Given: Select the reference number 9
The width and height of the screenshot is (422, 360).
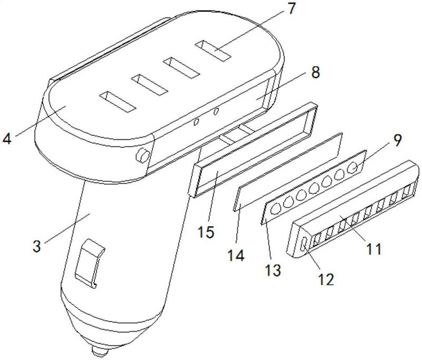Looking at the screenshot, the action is click(395, 140).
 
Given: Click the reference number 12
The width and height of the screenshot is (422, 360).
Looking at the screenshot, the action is click(325, 279).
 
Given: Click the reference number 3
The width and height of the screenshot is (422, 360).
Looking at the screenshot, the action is click(37, 246).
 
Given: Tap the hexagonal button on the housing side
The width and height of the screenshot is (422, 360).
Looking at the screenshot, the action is click(142, 155).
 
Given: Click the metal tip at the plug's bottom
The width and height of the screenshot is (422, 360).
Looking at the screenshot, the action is click(100, 351).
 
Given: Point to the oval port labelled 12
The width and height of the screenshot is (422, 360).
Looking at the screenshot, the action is click(304, 245).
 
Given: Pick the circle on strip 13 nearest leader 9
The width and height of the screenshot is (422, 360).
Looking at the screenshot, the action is click(352, 169).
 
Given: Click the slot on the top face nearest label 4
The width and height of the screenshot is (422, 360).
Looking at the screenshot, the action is click(117, 102).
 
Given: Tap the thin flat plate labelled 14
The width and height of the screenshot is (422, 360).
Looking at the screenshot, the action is click(287, 172).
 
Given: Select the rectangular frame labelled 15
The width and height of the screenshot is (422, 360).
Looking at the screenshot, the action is click(253, 150).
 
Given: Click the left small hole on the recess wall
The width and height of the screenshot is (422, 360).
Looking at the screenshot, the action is click(197, 122).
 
